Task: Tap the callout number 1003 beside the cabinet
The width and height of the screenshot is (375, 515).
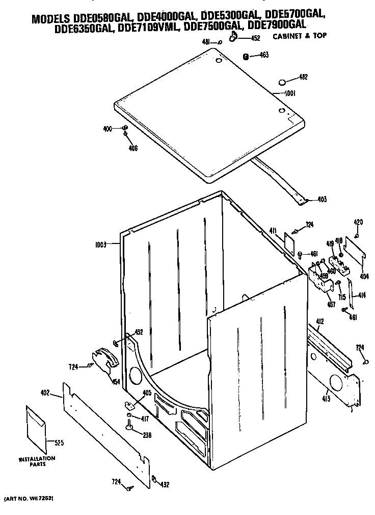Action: click(100, 245)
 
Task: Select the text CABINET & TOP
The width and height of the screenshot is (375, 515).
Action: click(300, 36)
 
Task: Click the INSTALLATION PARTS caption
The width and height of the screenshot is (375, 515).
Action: click(37, 461)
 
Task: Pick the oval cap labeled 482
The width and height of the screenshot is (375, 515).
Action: click(283, 82)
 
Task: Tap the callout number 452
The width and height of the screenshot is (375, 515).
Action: click(255, 38)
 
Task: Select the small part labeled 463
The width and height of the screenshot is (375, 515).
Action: click(245, 56)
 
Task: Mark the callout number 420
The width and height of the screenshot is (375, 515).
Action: click(358, 222)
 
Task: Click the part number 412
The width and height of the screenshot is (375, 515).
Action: click(319, 321)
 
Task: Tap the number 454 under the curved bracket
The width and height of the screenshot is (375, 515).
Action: click(116, 382)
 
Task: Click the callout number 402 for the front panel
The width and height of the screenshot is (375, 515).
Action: click(45, 393)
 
